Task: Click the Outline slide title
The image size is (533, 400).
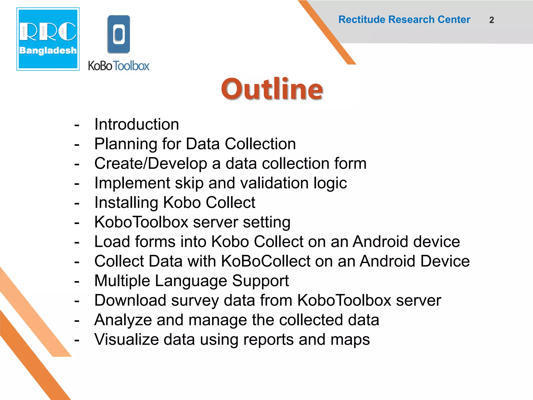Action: pos(272,89)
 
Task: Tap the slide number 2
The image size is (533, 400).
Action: pos(491,20)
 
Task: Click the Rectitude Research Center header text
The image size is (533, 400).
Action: pos(404,20)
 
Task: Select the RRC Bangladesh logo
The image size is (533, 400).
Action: pos(48,39)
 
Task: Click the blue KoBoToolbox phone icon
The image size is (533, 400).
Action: pos(119,34)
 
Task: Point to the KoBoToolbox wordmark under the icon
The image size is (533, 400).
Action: pos(119,66)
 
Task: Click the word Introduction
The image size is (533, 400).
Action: pos(137,124)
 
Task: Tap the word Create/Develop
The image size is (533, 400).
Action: pos(150,164)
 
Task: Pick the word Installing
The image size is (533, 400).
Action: pos(126,203)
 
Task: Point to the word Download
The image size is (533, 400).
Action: pos(130,300)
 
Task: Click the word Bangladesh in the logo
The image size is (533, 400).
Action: pos(48,50)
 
